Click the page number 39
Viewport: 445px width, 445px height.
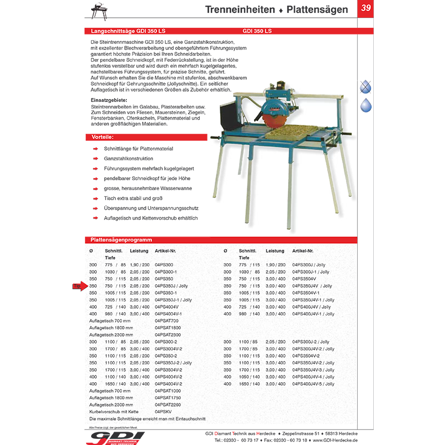point(365,8)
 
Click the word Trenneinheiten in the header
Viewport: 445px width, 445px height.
point(240,9)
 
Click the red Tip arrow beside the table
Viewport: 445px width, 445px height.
point(78,286)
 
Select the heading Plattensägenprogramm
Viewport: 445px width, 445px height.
point(122,240)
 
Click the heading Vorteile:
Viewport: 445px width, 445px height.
point(102,137)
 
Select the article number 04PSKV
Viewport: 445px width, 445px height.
point(162,412)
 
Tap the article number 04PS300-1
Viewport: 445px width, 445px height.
point(165,272)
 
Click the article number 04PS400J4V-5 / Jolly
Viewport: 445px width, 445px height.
point(313,384)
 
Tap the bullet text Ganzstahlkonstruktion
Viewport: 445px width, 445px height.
point(128,159)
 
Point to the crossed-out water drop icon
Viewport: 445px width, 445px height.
point(365,86)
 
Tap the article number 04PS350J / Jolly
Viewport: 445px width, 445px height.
point(172,286)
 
